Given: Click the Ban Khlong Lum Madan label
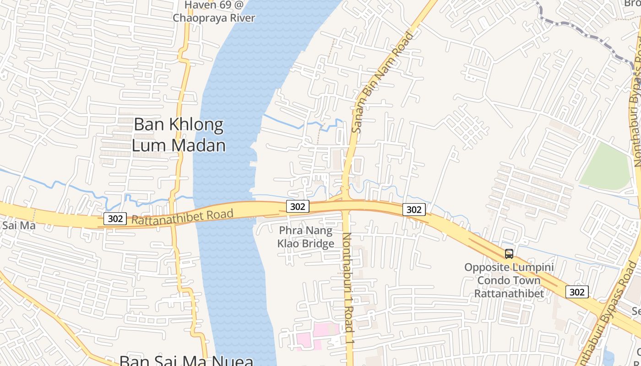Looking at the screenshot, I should pos(179,135).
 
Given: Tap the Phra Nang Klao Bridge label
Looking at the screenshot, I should pos(306,237).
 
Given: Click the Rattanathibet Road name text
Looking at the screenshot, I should pos(182,217).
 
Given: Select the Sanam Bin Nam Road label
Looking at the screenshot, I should pos(383,82).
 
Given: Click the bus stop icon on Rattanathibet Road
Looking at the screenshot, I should pos(509,253).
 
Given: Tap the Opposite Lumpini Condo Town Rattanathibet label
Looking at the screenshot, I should pos(509,280).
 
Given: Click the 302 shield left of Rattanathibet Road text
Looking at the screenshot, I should pos(115,219).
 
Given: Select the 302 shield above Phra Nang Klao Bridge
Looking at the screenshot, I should pos(298,206).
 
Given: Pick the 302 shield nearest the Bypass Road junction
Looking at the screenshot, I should pos(577,291).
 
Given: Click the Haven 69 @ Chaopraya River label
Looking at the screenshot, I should pos(213,12).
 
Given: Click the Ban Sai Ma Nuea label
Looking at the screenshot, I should pos(186,361).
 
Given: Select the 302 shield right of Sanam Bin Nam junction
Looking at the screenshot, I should pos(414,210).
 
